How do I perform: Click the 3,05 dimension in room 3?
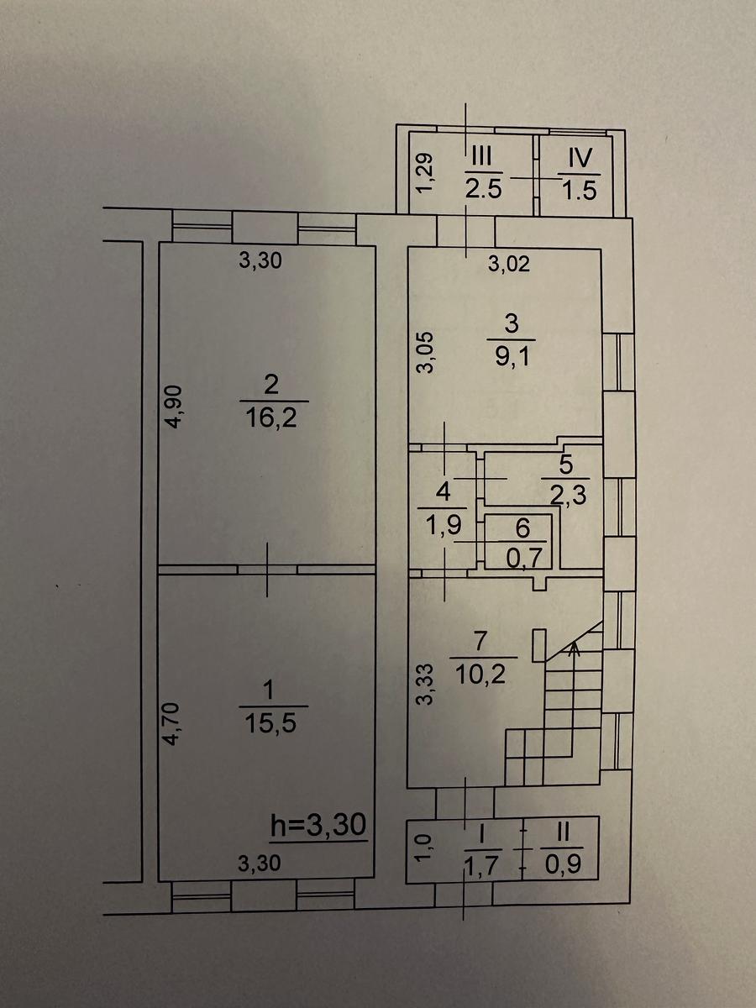(x=427, y=353)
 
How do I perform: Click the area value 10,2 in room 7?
(x=482, y=672)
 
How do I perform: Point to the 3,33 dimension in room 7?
(x=427, y=685)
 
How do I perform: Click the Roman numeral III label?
(x=483, y=157)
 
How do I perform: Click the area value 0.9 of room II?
(x=562, y=863)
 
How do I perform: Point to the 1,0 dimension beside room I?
(x=425, y=848)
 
